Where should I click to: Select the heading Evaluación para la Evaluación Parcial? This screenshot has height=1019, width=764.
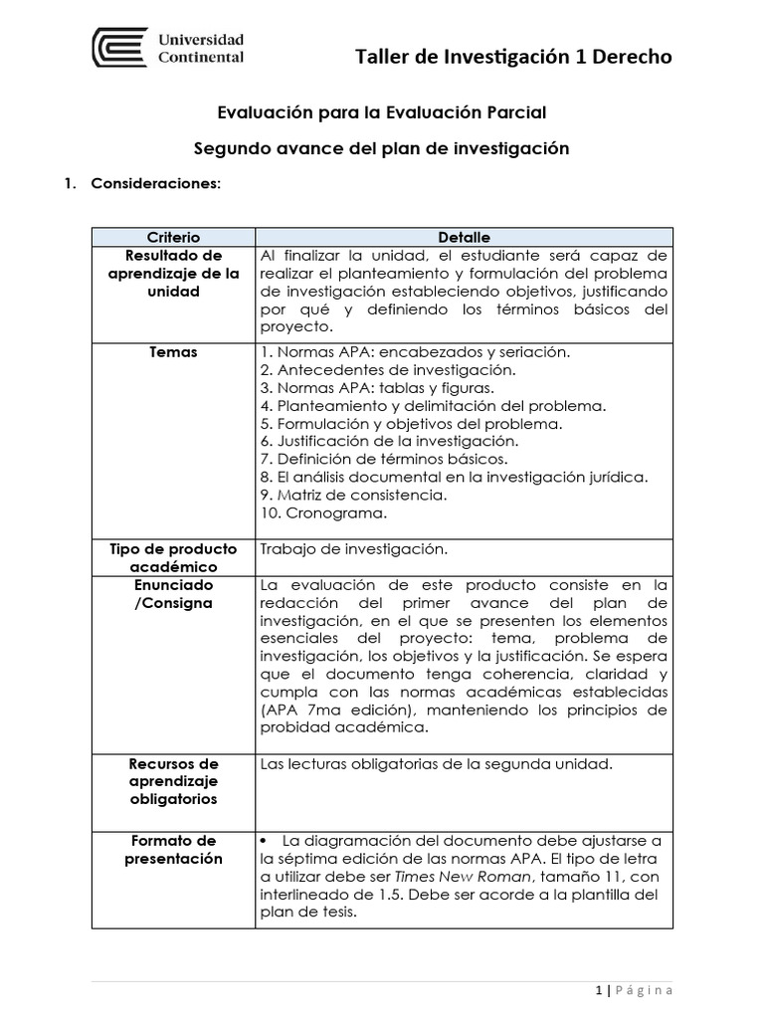click(x=382, y=114)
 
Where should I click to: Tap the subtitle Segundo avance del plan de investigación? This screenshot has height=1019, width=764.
click(x=382, y=148)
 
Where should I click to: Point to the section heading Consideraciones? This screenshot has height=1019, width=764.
click(x=156, y=184)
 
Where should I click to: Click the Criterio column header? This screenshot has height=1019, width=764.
click(x=173, y=237)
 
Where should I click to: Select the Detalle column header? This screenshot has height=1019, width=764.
click(x=464, y=237)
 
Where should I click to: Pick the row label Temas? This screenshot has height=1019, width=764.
click(x=173, y=351)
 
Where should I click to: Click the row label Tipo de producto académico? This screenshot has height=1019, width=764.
click(x=173, y=557)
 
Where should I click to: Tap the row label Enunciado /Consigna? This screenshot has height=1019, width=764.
click(x=173, y=594)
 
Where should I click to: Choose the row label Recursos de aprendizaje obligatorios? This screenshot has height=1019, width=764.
click(x=173, y=781)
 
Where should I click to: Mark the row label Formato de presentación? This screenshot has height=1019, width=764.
click(x=173, y=850)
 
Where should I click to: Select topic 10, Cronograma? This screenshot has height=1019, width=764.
click(x=322, y=512)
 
